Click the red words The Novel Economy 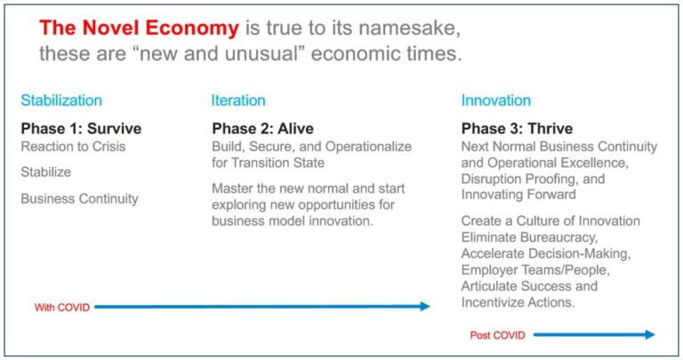pyautogui.click(x=139, y=28)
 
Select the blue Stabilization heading pyautogui.click(x=61, y=100)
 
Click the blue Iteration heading pyautogui.click(x=238, y=100)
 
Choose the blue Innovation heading pyautogui.click(x=496, y=100)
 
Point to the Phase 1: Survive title pyautogui.click(x=81, y=128)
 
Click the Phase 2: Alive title pyautogui.click(x=262, y=128)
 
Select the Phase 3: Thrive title pyautogui.click(x=517, y=128)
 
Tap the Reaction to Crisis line pyautogui.click(x=73, y=147)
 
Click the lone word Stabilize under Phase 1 pyautogui.click(x=45, y=172)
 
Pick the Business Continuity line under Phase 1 pyautogui.click(x=80, y=198)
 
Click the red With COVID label pyautogui.click(x=62, y=308)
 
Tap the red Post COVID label pyautogui.click(x=497, y=335)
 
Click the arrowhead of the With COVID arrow pyautogui.click(x=425, y=307)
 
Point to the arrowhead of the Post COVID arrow pyautogui.click(x=650, y=334)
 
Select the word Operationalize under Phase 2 pyautogui.click(x=368, y=147)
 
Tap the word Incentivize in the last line pyautogui.click(x=500, y=302)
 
